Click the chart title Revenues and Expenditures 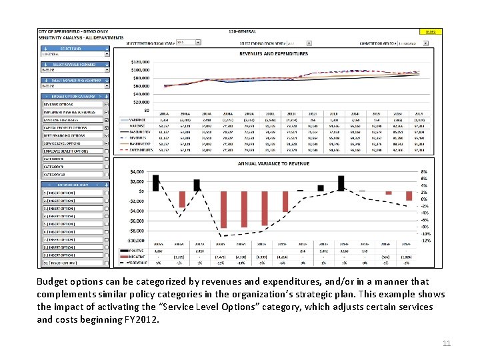pos(273,53)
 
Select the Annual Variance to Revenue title pos(273,163)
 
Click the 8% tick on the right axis pos(425,172)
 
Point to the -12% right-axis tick pos(425,241)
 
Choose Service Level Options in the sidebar pos(66,143)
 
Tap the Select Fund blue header pos(73,49)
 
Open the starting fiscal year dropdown pos(189,43)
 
